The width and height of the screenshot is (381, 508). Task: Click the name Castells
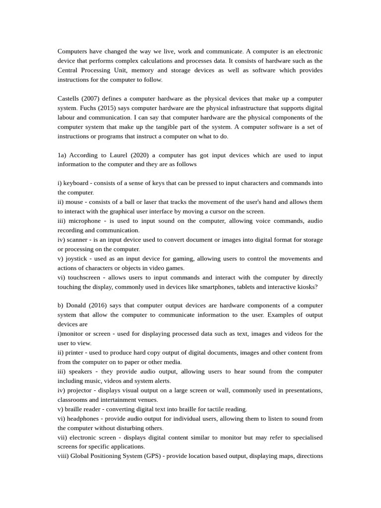(x=69, y=99)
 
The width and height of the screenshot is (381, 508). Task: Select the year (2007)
(x=93, y=99)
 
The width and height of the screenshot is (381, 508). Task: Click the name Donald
(x=75, y=306)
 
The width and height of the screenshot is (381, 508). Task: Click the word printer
(x=74, y=353)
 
